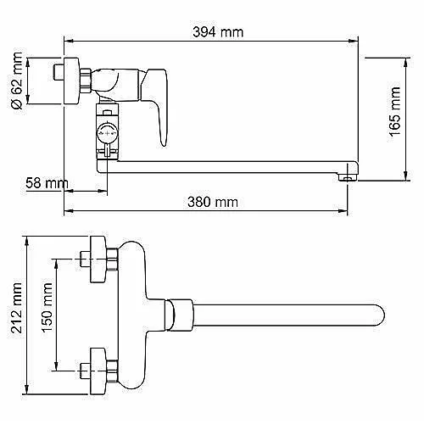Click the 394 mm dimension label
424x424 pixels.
(218, 32)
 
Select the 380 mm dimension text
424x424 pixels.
(213, 202)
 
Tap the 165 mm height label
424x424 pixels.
(394, 112)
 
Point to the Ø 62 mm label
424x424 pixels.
(17, 81)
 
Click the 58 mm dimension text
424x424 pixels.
(47, 183)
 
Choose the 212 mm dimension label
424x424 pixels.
(16, 308)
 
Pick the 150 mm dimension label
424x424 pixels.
(47, 307)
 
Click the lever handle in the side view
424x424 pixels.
(155, 104)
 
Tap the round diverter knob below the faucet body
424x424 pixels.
(107, 132)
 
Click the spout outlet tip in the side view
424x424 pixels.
(348, 177)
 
